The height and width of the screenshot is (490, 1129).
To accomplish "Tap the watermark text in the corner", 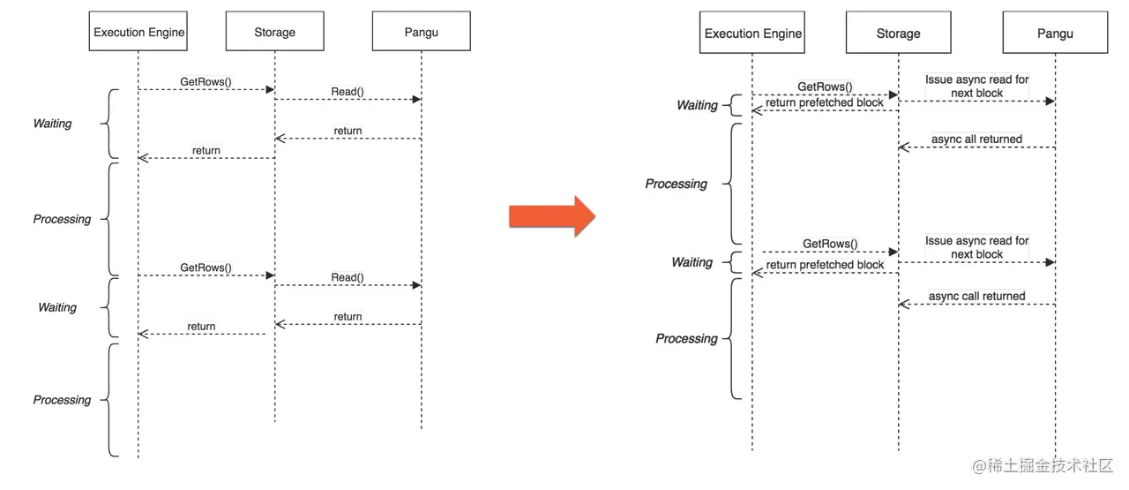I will (x=1043, y=465).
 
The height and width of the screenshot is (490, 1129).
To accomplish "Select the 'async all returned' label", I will (x=976, y=139).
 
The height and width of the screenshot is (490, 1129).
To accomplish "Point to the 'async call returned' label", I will (x=976, y=296).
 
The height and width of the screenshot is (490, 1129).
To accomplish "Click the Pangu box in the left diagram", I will (x=421, y=33).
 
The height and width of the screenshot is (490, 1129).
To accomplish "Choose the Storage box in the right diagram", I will (x=898, y=34).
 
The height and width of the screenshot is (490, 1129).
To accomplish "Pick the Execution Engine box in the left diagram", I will (x=138, y=33).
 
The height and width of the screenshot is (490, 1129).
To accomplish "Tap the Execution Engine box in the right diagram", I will (x=752, y=34).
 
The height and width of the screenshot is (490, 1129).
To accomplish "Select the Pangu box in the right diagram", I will (x=1055, y=34).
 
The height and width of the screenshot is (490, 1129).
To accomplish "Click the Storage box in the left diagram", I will (x=274, y=33).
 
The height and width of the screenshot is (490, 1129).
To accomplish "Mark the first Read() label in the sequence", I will (x=348, y=91).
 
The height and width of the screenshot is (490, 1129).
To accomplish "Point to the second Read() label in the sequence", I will (x=348, y=277).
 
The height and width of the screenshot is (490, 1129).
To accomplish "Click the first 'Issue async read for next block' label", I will (x=976, y=86).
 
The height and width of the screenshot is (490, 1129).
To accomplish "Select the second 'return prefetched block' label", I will (x=825, y=265).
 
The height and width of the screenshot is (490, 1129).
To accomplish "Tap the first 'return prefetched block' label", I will (x=825, y=102).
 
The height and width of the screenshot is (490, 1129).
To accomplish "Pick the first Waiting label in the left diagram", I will (x=52, y=124).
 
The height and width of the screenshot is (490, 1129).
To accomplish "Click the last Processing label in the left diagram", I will (x=62, y=400).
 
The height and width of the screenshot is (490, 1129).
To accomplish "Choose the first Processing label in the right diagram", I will (x=676, y=184).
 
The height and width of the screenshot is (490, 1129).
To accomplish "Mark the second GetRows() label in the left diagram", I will (x=206, y=267).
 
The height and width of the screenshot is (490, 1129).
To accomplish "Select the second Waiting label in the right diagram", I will (x=692, y=262).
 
